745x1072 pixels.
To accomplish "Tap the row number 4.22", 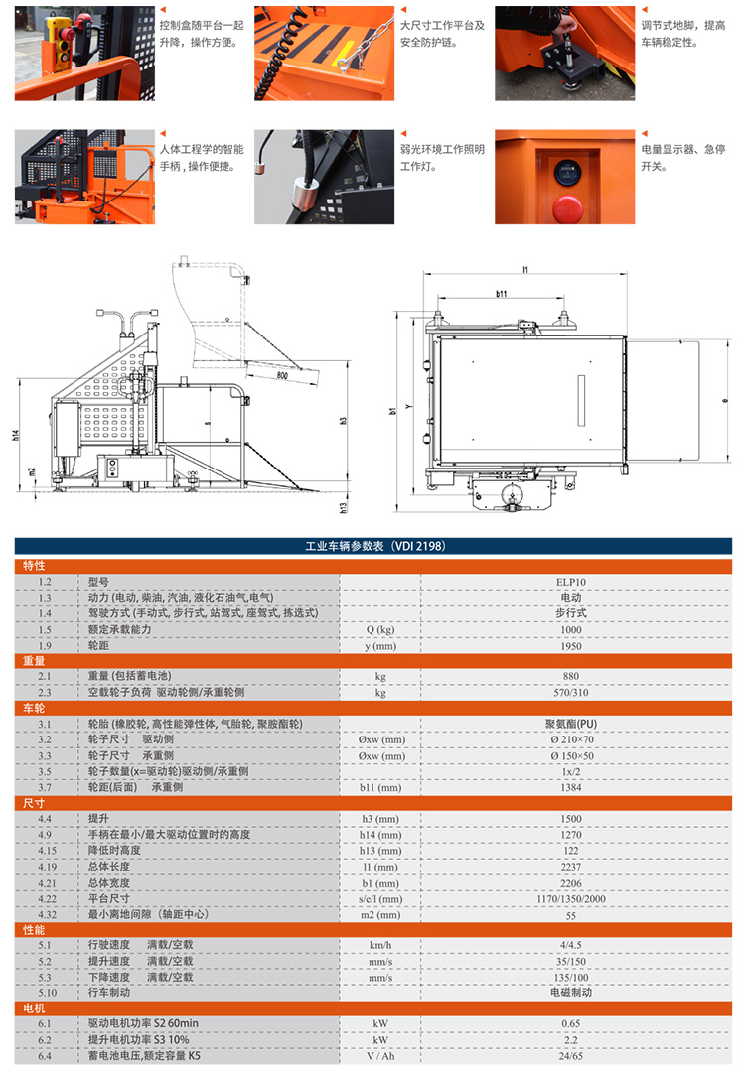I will pos(45,897).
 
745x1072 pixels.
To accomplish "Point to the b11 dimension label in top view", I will pos(501,294).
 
